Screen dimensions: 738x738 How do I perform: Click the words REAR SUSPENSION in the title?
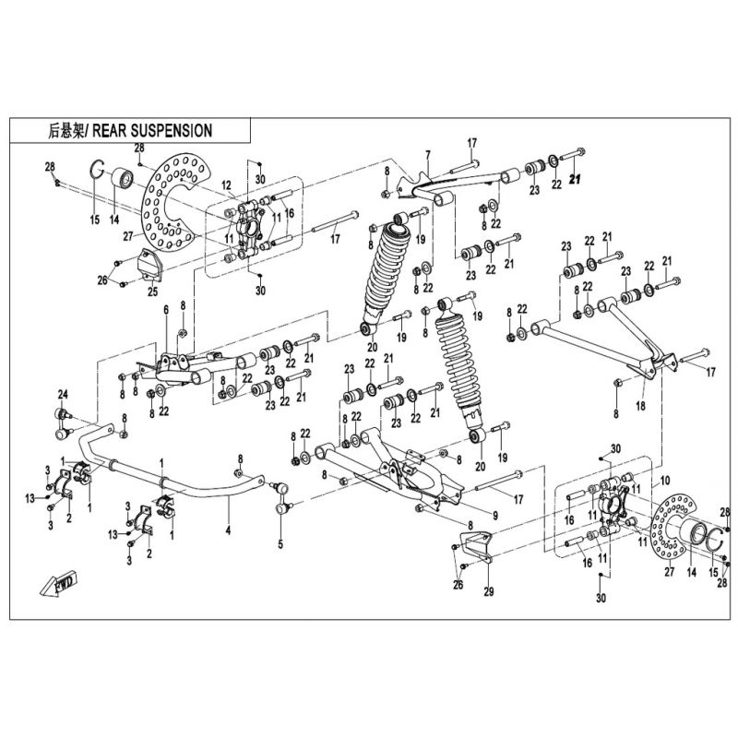(x=152, y=131)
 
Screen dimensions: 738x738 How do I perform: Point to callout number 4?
(x=227, y=530)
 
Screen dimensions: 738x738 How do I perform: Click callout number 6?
(x=166, y=310)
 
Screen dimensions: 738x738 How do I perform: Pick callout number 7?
(x=428, y=153)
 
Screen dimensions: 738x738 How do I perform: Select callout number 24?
(x=64, y=395)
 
